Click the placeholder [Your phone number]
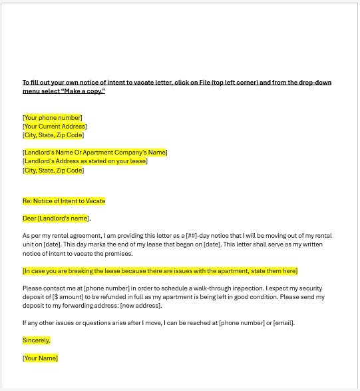pyautogui.click(x=53, y=118)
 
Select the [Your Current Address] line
pyautogui.click(x=55, y=127)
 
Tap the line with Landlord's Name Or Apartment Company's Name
pyautogui.click(x=94, y=153)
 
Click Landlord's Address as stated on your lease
pyautogui.click(x=85, y=161)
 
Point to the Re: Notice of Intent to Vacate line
pyautogui.click(x=64, y=200)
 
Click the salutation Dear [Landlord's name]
pyautogui.click(x=56, y=218)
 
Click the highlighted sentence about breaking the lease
pyautogui.click(x=160, y=271)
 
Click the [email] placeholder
pyautogui.click(x=283, y=323)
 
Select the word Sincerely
pyautogui.click(x=37, y=340)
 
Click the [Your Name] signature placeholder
pyautogui.click(x=41, y=358)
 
